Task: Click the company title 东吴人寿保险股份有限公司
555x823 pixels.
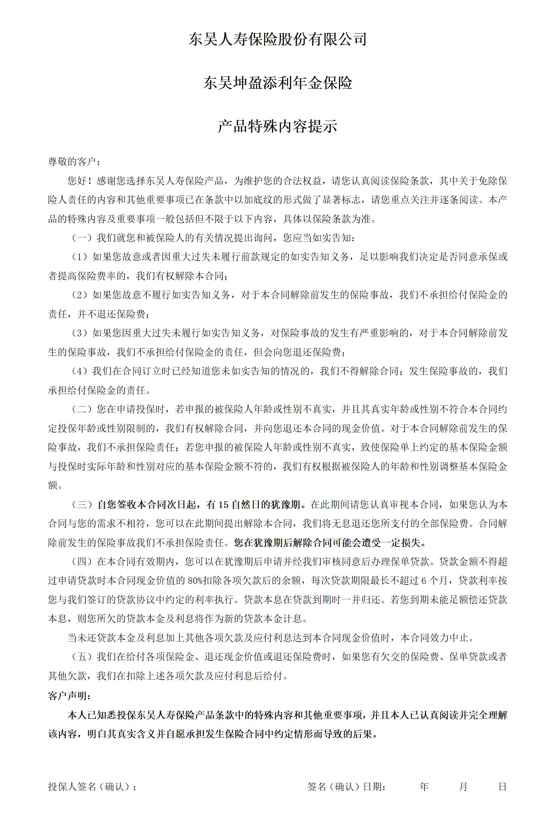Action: coord(278,39)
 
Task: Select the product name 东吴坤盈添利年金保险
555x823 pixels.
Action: coord(278,83)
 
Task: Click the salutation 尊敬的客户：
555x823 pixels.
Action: coord(74,162)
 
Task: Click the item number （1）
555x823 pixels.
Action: coord(80,257)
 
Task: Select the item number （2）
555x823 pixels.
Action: coord(80,295)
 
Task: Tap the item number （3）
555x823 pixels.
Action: coord(80,333)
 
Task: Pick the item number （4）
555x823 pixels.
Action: coord(80,371)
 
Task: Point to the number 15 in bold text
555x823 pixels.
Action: coord(223,504)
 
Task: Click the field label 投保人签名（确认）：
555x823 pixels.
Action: coord(92,787)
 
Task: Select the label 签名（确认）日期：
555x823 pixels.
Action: coord(347,787)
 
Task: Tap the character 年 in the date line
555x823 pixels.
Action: coord(424,787)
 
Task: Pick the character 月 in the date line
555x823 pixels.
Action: coord(463,787)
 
